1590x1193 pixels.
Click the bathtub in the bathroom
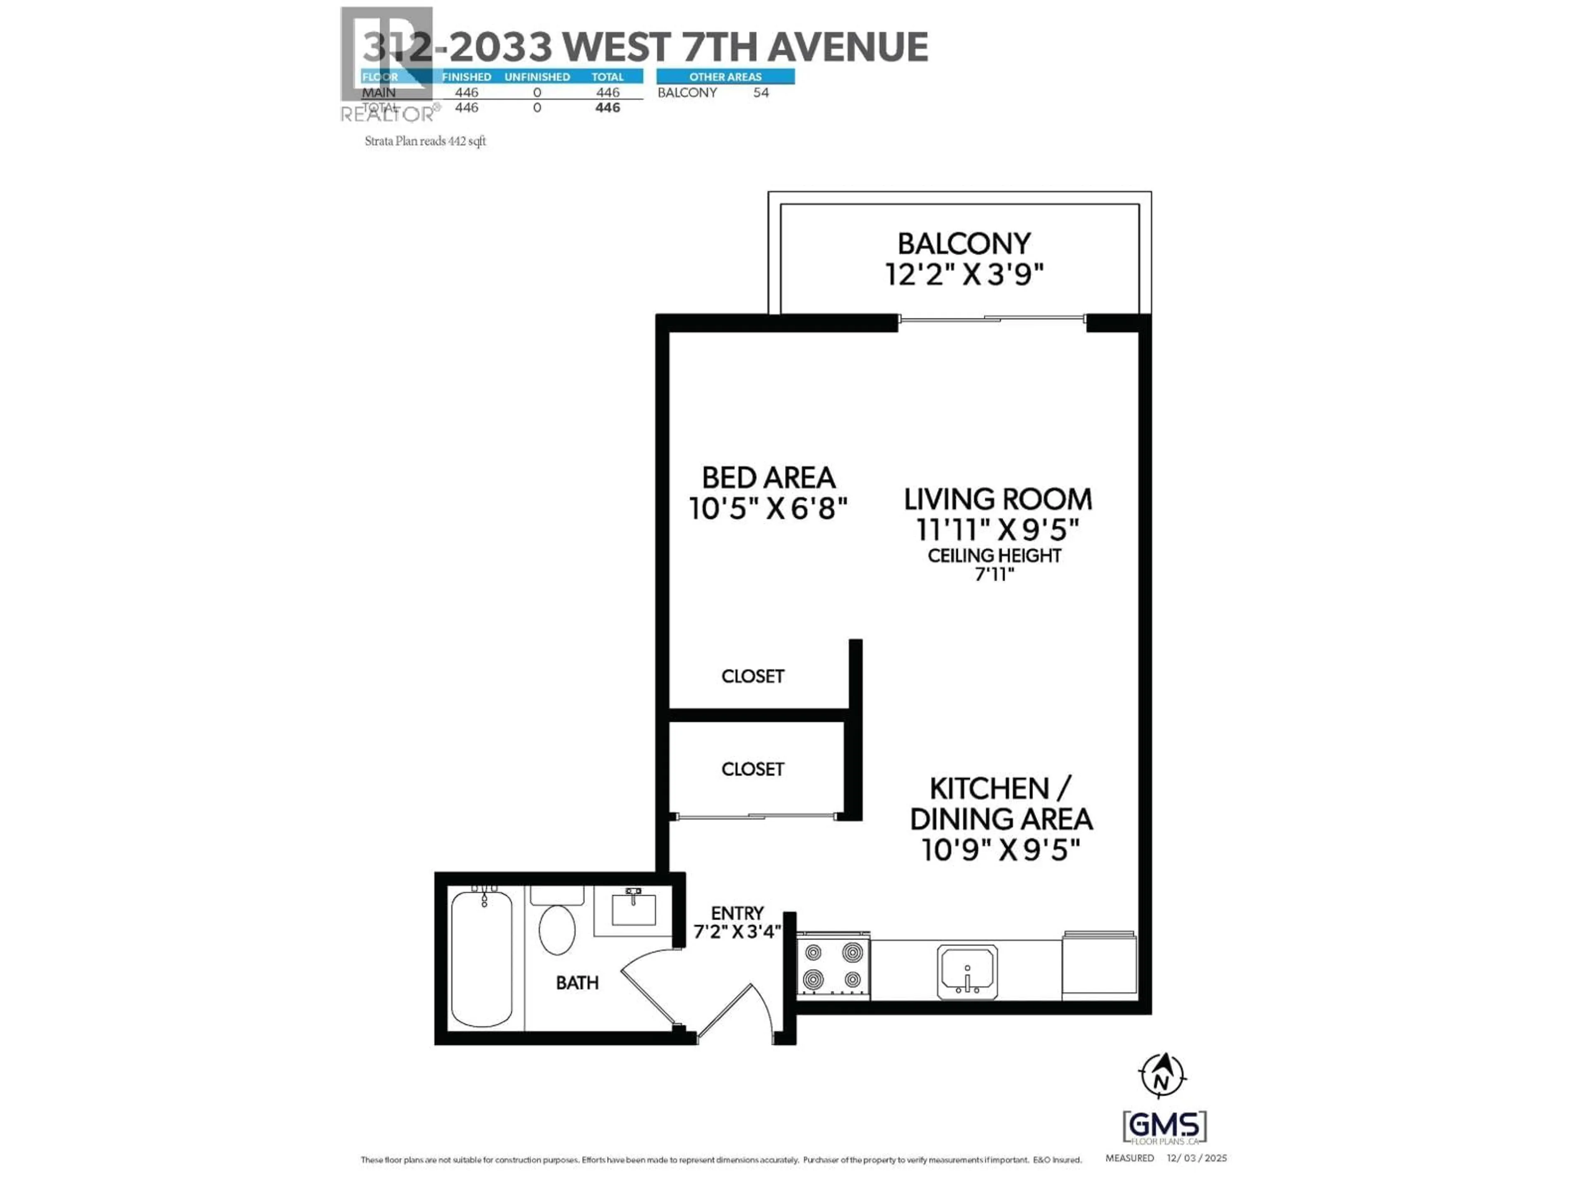[482, 959]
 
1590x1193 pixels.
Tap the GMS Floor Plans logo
[1164, 1126]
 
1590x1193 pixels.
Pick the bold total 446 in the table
[607, 108]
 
